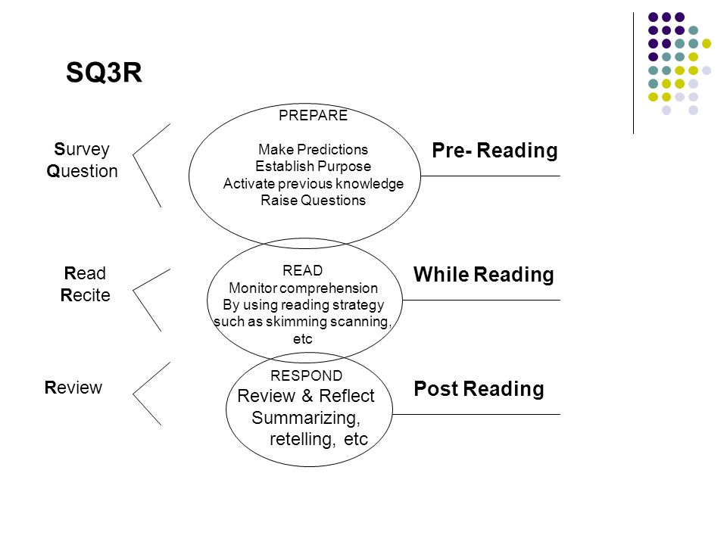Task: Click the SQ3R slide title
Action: (x=104, y=73)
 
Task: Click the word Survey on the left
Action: (x=82, y=150)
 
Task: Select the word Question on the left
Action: (x=82, y=171)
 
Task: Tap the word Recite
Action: (x=86, y=295)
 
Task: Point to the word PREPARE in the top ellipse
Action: (x=313, y=115)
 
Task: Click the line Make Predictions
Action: (x=313, y=149)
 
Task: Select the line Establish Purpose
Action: (x=313, y=167)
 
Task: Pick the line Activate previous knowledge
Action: (x=313, y=183)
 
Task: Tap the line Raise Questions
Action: (x=313, y=200)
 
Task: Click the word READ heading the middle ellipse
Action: (x=303, y=271)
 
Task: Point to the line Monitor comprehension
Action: (x=303, y=288)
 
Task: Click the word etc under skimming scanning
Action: (x=303, y=339)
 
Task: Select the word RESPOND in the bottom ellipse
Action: (x=307, y=375)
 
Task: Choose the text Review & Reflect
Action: (x=305, y=396)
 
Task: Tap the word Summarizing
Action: (x=306, y=418)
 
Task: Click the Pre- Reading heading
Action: (x=495, y=151)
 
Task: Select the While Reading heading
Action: (x=484, y=274)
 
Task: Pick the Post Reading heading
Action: (x=479, y=389)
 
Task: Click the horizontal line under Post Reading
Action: (x=476, y=414)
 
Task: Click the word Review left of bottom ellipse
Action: (x=73, y=388)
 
